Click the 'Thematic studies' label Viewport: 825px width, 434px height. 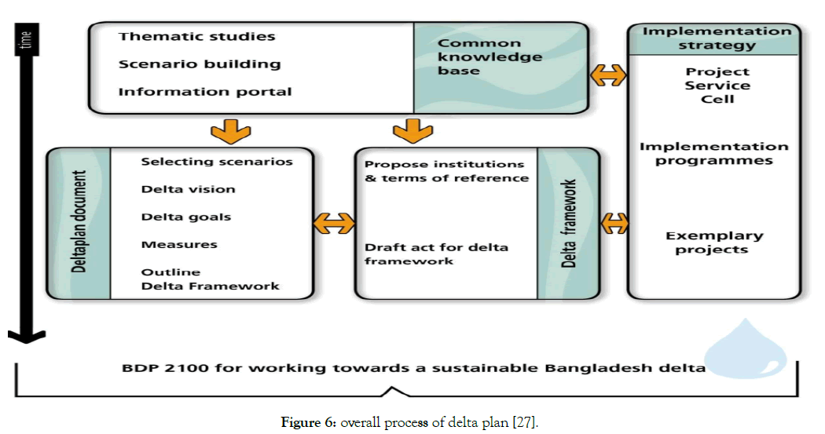tap(196, 37)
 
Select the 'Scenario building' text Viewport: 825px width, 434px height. tap(200, 64)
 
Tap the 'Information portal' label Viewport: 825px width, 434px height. tap(205, 92)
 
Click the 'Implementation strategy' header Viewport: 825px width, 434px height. tap(717, 38)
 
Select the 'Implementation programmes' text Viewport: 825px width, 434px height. tap(714, 154)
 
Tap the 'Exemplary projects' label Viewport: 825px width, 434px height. tap(714, 243)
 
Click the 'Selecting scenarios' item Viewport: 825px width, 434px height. tap(217, 162)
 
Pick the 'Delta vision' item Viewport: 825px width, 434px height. tap(188, 189)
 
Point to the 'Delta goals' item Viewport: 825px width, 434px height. tap(186, 217)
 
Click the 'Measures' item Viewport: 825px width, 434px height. tap(179, 245)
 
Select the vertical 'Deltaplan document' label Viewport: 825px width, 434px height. tap(79, 223)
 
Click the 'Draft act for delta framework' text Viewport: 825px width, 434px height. tap(436, 253)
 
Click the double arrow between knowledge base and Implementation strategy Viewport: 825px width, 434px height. tap(608, 75)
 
